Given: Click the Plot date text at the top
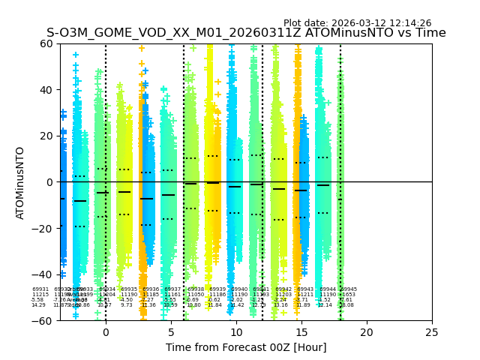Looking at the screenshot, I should pos(357,23).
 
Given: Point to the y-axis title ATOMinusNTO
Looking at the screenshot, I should pos(21,182).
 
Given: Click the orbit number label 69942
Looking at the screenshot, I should pos(283,289).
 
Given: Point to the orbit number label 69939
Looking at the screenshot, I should pos(217,289).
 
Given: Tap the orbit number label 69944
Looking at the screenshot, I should pos(328,289).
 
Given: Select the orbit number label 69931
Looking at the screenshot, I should pos(40,289).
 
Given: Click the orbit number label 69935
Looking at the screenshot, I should pos(130,289).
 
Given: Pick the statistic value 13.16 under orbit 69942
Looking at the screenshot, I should pos(280,305).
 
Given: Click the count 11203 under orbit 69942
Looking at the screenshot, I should pos(283,295).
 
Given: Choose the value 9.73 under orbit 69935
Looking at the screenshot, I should pos(127,305).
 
